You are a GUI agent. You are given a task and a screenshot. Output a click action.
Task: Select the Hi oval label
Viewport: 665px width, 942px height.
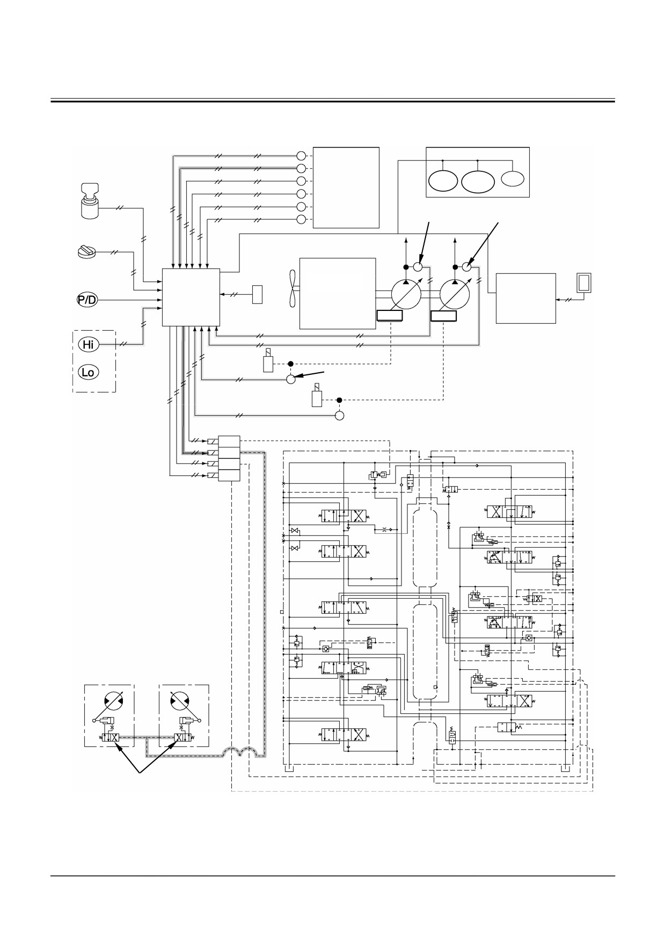(x=89, y=344)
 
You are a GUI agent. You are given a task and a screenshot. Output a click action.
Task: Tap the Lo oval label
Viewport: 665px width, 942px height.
(x=89, y=372)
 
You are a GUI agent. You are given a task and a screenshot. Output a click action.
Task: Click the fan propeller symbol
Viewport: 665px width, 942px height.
(x=293, y=293)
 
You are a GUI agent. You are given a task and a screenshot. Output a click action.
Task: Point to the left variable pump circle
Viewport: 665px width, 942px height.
(x=406, y=293)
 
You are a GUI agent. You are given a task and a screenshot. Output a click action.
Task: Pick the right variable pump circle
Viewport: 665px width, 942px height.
(x=455, y=293)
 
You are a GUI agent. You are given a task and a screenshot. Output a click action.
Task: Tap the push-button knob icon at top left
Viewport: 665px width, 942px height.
(x=91, y=200)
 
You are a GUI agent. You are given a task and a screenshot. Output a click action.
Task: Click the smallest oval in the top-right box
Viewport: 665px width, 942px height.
(x=514, y=178)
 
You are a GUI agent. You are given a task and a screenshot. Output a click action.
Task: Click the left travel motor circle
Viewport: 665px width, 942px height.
(x=109, y=705)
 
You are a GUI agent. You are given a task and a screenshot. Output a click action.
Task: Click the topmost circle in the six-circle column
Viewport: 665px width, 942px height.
(x=301, y=156)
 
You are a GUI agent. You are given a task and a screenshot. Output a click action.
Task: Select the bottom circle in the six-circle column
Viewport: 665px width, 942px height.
(x=301, y=219)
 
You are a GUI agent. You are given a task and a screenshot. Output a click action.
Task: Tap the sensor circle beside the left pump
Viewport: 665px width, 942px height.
(x=418, y=266)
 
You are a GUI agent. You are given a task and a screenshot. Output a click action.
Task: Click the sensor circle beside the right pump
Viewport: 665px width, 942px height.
(x=467, y=266)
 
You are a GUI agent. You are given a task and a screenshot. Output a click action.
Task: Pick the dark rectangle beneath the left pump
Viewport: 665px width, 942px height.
(x=390, y=316)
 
